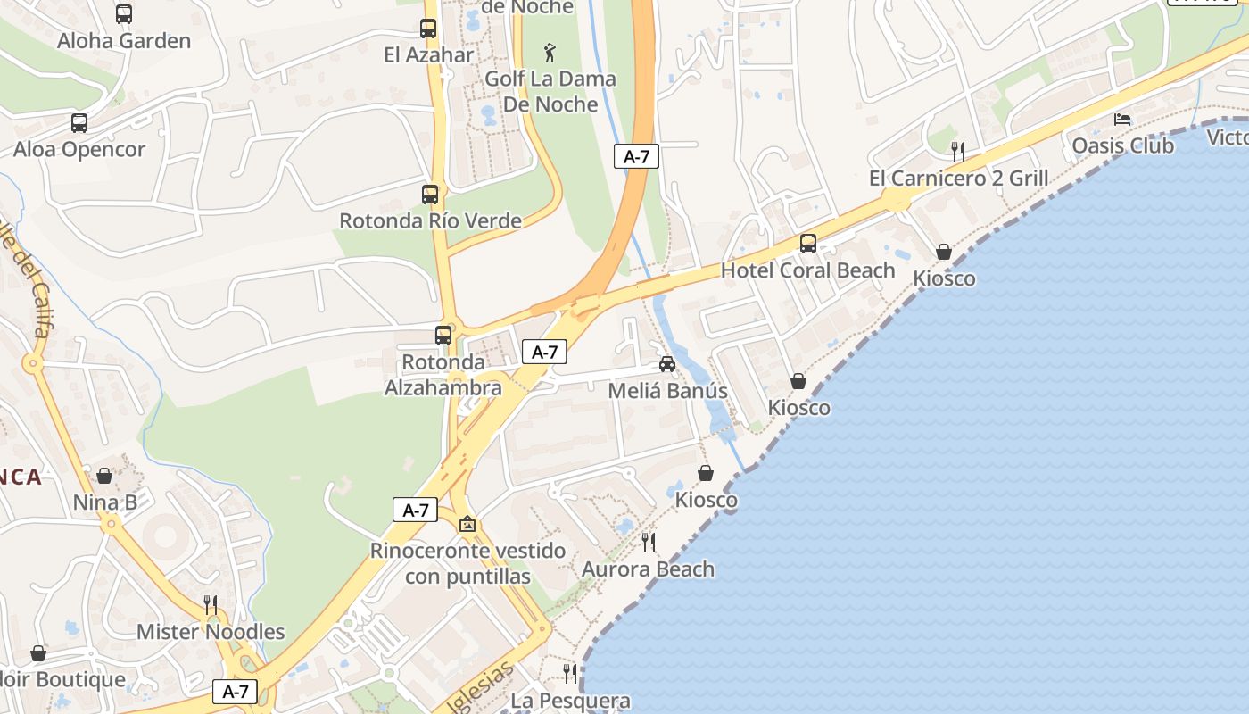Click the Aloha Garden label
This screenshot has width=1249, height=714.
124,41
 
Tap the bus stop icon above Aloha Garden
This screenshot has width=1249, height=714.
124,14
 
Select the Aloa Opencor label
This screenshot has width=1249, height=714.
79,149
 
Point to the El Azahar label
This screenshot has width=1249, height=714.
428,55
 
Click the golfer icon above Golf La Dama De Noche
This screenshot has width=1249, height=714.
550,53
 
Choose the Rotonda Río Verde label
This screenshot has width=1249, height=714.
430,220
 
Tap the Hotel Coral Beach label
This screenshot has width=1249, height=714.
807,270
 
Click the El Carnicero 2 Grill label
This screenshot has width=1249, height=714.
958,178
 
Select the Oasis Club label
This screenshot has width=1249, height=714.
1122,145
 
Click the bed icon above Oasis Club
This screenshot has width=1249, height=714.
1122,120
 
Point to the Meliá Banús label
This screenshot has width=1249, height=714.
667,391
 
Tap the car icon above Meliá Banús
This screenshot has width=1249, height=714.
666,364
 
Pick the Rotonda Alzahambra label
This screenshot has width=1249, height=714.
443,375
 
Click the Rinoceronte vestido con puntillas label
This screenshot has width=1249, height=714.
467,563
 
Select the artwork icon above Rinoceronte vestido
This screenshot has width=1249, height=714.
467,524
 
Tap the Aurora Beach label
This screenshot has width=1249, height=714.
648,569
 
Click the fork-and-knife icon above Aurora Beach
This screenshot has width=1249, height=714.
649,542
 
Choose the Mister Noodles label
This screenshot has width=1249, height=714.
211,632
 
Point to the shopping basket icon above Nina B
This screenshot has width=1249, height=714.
104,476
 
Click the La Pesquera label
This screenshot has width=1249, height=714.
570,702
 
